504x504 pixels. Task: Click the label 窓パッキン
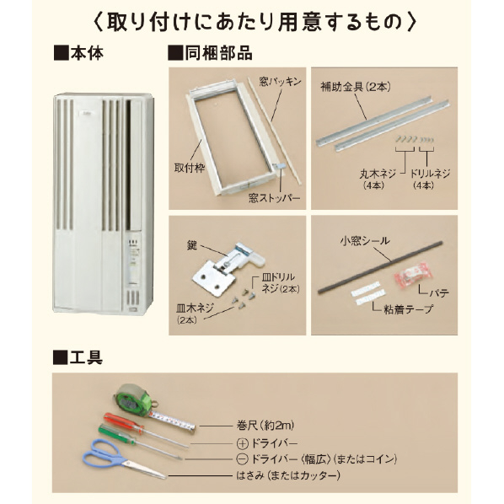tap(280, 82)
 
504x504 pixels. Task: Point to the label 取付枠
tap(190, 168)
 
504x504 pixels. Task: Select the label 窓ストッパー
tap(274, 197)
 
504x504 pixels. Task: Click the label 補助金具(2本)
tap(356, 87)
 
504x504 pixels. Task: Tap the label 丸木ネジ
tap(378, 174)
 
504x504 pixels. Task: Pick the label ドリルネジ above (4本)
tap(430, 174)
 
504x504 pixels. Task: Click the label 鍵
tap(192, 246)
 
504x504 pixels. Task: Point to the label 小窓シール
tap(365, 241)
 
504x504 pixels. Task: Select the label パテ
tap(439, 292)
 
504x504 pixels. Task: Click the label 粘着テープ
tap(409, 309)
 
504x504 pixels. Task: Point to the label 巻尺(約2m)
tap(265, 426)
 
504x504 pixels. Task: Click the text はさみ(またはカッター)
tap(288, 475)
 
